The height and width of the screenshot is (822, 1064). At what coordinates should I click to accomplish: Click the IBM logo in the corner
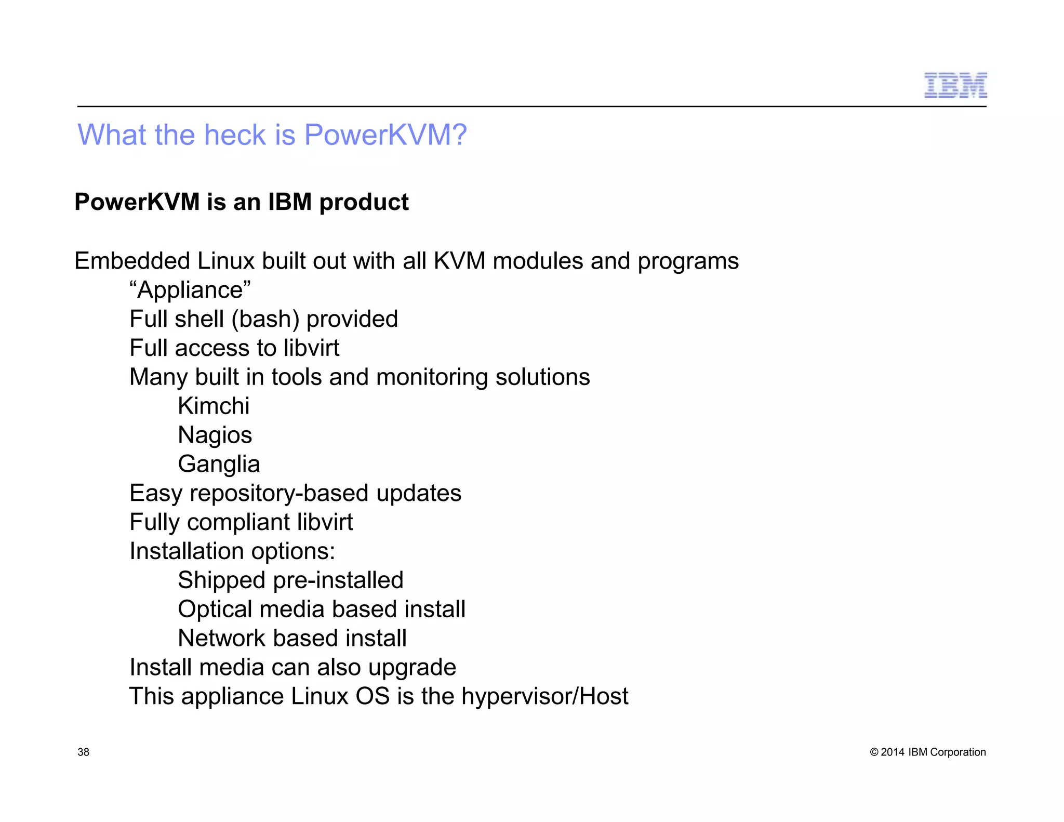[x=955, y=85]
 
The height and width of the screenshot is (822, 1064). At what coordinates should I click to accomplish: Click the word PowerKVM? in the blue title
[x=385, y=135]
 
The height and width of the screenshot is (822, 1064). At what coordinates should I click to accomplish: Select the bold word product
[x=364, y=202]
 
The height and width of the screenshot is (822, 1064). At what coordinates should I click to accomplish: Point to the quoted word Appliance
[x=190, y=290]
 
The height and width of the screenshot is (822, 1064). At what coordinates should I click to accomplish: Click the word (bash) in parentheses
[x=265, y=319]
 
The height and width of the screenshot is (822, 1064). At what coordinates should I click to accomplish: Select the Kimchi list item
[x=214, y=406]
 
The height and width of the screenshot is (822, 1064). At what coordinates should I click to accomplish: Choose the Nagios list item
[x=215, y=435]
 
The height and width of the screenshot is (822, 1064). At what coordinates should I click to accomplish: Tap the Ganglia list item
[x=219, y=464]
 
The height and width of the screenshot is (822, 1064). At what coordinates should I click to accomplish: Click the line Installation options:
[x=232, y=551]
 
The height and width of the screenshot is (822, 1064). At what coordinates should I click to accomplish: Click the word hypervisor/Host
[x=544, y=696]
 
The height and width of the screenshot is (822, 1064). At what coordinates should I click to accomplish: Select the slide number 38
[x=83, y=752]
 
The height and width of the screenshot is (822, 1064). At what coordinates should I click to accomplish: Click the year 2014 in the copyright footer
[x=893, y=752]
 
